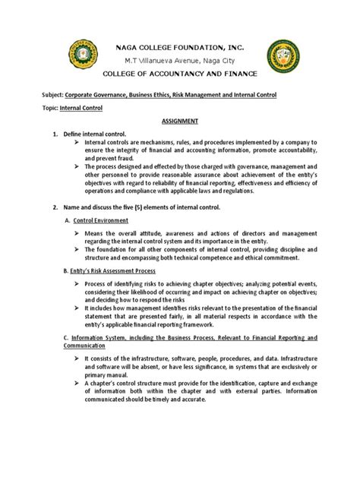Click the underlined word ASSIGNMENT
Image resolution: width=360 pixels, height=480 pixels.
(x=179, y=120)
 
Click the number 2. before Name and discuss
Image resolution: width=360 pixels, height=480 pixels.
(x=54, y=207)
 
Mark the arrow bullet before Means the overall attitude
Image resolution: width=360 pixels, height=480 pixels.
(x=78, y=234)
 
